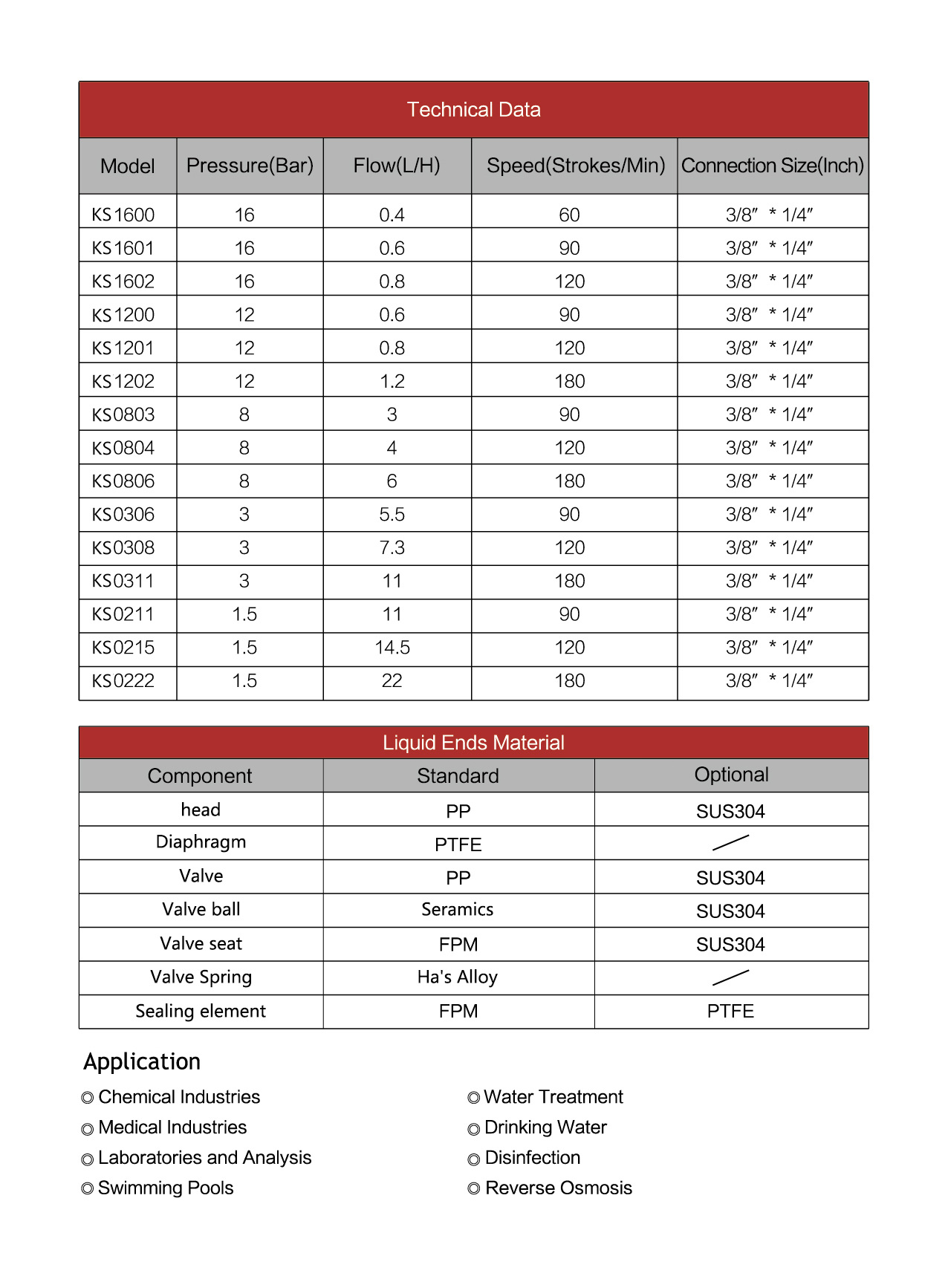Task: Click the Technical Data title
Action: point(473,110)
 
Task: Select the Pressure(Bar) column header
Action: point(250,166)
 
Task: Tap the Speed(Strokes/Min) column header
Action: point(575,166)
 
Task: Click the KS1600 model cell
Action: point(123,215)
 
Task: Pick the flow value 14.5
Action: point(392,648)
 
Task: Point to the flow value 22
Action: point(392,681)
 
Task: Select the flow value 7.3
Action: point(392,548)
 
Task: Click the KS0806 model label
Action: point(123,481)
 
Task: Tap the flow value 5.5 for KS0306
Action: point(392,515)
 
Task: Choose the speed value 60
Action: point(569,215)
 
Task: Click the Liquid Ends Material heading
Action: point(473,743)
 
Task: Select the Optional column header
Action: point(731,775)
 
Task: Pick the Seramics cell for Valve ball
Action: point(458,910)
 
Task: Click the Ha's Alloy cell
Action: point(458,977)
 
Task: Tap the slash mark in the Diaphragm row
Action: point(730,842)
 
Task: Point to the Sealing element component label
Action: point(201,1012)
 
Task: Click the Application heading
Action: point(142,1062)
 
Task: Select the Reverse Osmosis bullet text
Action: point(558,1188)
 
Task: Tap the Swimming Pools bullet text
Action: point(166,1188)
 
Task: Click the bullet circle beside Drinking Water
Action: point(474,1130)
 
